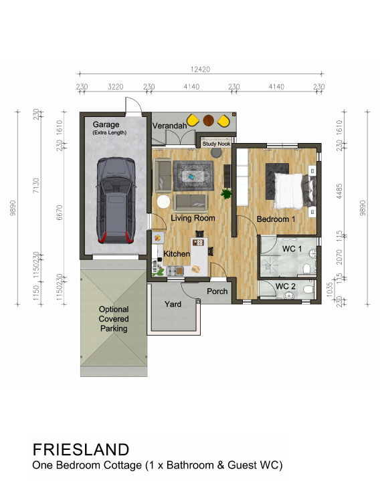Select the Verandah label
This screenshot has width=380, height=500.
coord(169,126)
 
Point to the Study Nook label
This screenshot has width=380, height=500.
coord(215,142)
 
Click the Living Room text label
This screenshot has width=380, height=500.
coord(193,219)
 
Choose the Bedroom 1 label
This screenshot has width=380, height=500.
coord(276,219)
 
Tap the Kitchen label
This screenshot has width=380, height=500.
coord(177,254)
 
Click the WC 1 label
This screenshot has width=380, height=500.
coord(292,249)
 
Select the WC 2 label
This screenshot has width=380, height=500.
coord(286,287)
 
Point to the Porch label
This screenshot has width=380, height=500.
coord(217,291)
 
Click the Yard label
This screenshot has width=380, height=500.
coord(173,304)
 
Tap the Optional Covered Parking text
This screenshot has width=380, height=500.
coord(113,319)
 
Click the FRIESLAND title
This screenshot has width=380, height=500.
coord(80,449)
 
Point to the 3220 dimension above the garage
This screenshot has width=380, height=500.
coord(116,86)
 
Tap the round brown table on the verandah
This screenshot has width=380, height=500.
coord(209,120)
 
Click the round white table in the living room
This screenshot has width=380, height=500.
coord(163,201)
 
